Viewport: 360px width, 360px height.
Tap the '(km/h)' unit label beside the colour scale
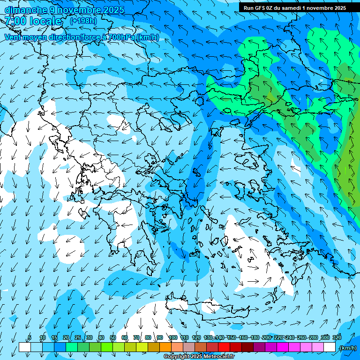pyautogui.click(x=347, y=348)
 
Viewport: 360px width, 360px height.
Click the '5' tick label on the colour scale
pyautogui.click(x=29, y=337)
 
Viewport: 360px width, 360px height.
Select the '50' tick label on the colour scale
pyautogui.click(x=113, y=337)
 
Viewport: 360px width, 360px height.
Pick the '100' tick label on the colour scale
pyautogui.click(x=173, y=337)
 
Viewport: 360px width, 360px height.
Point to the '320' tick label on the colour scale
pyautogui.click(x=337, y=337)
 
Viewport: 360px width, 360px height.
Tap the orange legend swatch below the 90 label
pyautogui.click(x=165, y=347)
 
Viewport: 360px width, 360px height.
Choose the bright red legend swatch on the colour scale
pyautogui.click(x=224, y=347)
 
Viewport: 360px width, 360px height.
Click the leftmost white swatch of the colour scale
pyautogui.click(x=25, y=347)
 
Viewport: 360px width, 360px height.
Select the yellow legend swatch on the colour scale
pyautogui.click(x=142, y=347)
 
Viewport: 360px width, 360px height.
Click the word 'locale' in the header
pyautogui.click(x=45, y=21)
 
